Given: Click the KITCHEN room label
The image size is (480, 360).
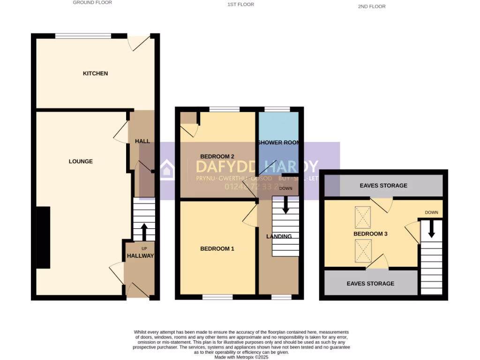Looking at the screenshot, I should click(x=95, y=74).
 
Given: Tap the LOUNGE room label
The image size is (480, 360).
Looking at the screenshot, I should click(x=81, y=161).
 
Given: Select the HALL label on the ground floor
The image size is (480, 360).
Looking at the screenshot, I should click(x=142, y=141).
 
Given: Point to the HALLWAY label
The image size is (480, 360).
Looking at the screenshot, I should click(x=140, y=256).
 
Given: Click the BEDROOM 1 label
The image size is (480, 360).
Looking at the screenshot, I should click(x=217, y=249).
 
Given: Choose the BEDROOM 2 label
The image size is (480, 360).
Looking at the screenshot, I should click(x=217, y=157).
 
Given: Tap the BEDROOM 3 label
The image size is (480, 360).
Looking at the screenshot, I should click(x=370, y=233).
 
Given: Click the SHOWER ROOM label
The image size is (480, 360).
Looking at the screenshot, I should click(x=278, y=142).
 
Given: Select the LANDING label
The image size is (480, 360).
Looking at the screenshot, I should click(x=279, y=236).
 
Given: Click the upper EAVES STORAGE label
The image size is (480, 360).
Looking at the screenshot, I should click(x=383, y=186).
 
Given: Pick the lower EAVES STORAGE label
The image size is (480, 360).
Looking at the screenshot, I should click(x=370, y=284).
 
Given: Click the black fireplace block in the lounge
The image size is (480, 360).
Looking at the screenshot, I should click(x=44, y=237).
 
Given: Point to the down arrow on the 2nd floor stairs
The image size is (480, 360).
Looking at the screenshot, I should click(x=431, y=228).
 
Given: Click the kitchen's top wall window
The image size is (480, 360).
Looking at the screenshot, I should click(x=83, y=36).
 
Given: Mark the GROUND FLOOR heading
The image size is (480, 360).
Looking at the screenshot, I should click(x=92, y=3).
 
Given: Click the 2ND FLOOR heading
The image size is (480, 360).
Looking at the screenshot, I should click(x=371, y=7).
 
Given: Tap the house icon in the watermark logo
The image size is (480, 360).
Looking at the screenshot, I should click(x=166, y=170).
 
